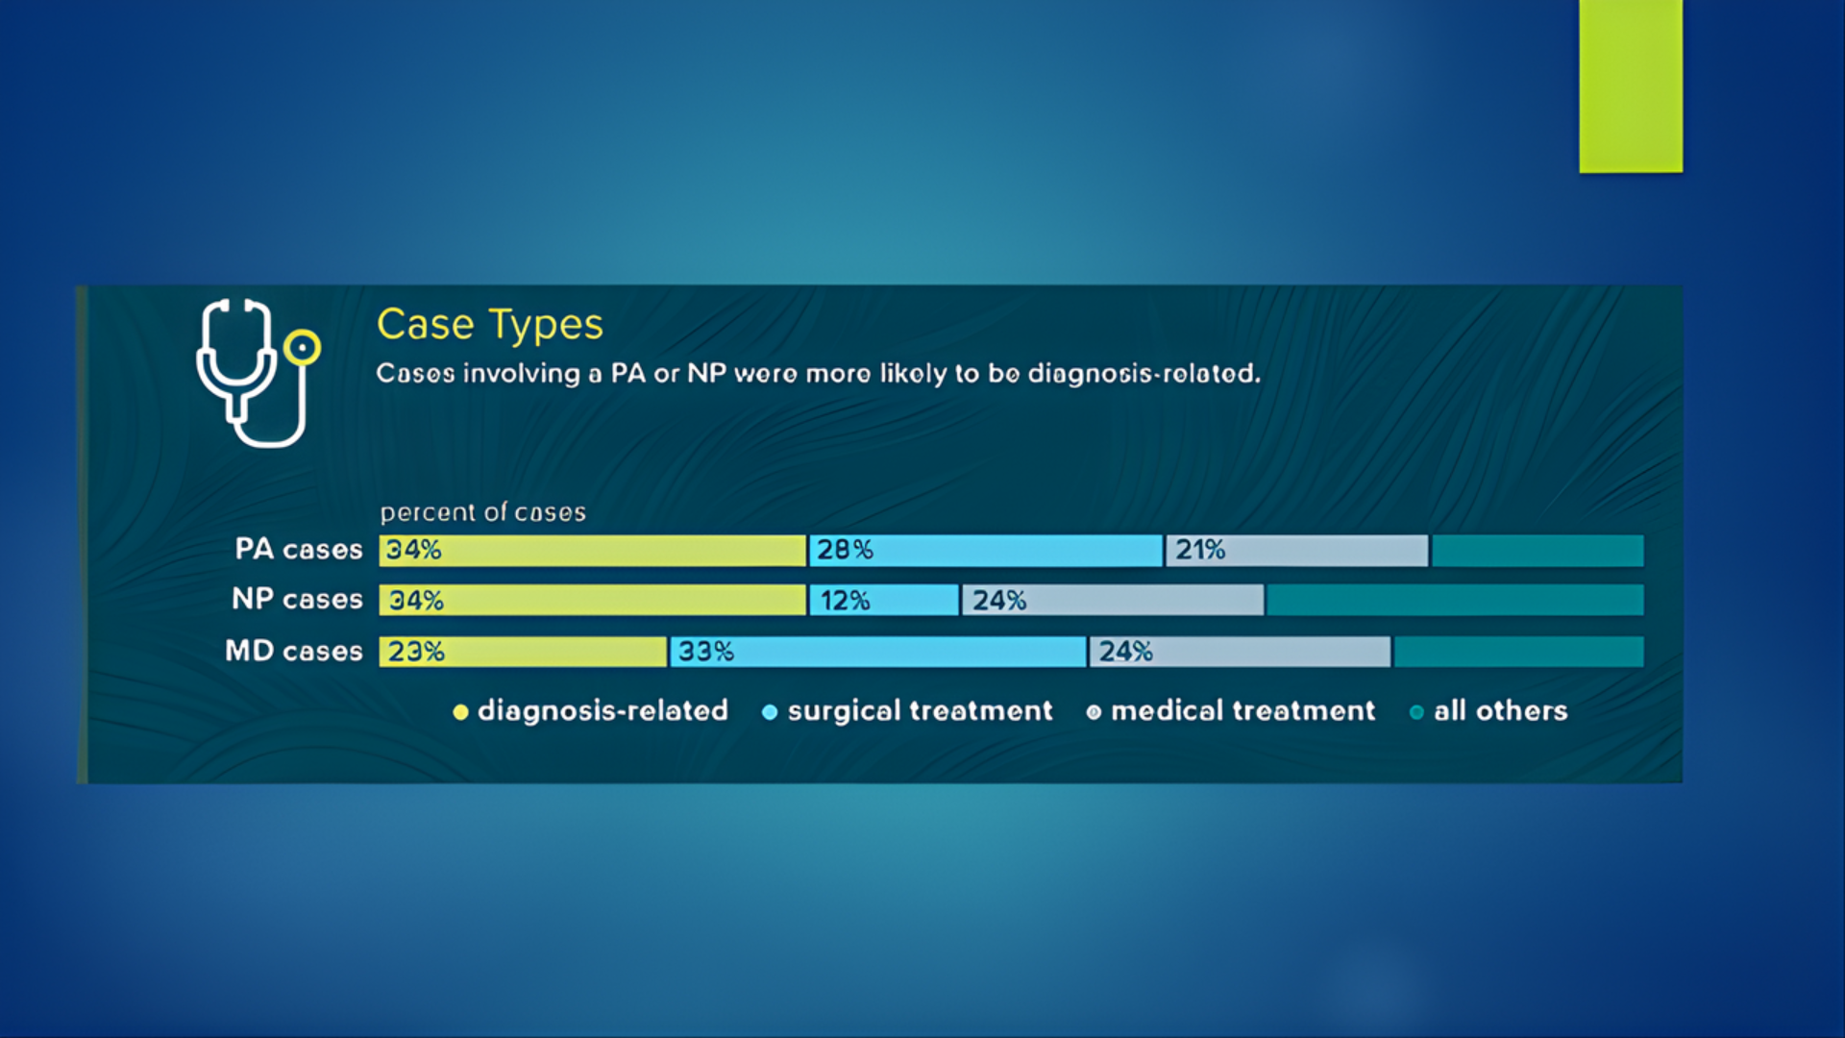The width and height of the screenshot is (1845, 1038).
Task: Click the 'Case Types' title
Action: (x=489, y=325)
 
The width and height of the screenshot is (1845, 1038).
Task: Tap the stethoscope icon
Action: (x=257, y=373)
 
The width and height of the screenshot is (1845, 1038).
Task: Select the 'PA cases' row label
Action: (x=299, y=549)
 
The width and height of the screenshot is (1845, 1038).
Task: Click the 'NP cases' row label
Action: (x=297, y=599)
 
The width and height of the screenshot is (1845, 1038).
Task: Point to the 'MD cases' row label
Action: (x=294, y=651)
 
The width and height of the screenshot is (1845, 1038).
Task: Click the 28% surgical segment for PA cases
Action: (x=985, y=551)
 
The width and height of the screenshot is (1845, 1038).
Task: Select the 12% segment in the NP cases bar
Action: (x=883, y=601)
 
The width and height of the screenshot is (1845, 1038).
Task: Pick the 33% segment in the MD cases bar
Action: (x=877, y=652)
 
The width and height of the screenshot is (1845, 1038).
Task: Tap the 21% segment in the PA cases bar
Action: (x=1296, y=551)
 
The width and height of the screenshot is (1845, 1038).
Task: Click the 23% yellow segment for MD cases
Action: (x=523, y=652)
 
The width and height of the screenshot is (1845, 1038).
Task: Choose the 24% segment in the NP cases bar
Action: (x=1113, y=601)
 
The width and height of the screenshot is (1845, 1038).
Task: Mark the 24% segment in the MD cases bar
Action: (x=1240, y=652)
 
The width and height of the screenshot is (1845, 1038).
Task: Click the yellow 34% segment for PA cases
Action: (x=592, y=551)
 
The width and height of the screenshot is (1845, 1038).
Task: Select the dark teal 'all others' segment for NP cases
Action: (x=1455, y=601)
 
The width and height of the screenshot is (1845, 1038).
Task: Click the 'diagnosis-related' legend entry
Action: (x=591, y=711)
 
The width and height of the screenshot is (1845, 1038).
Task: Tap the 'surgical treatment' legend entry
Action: (x=908, y=711)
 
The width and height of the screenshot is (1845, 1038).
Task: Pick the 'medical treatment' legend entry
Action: (x=1232, y=711)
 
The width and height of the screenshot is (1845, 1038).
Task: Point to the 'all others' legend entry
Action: (x=1489, y=711)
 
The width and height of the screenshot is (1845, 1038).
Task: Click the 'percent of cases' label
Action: (x=482, y=512)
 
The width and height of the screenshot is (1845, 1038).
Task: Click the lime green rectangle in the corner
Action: (x=1631, y=86)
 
